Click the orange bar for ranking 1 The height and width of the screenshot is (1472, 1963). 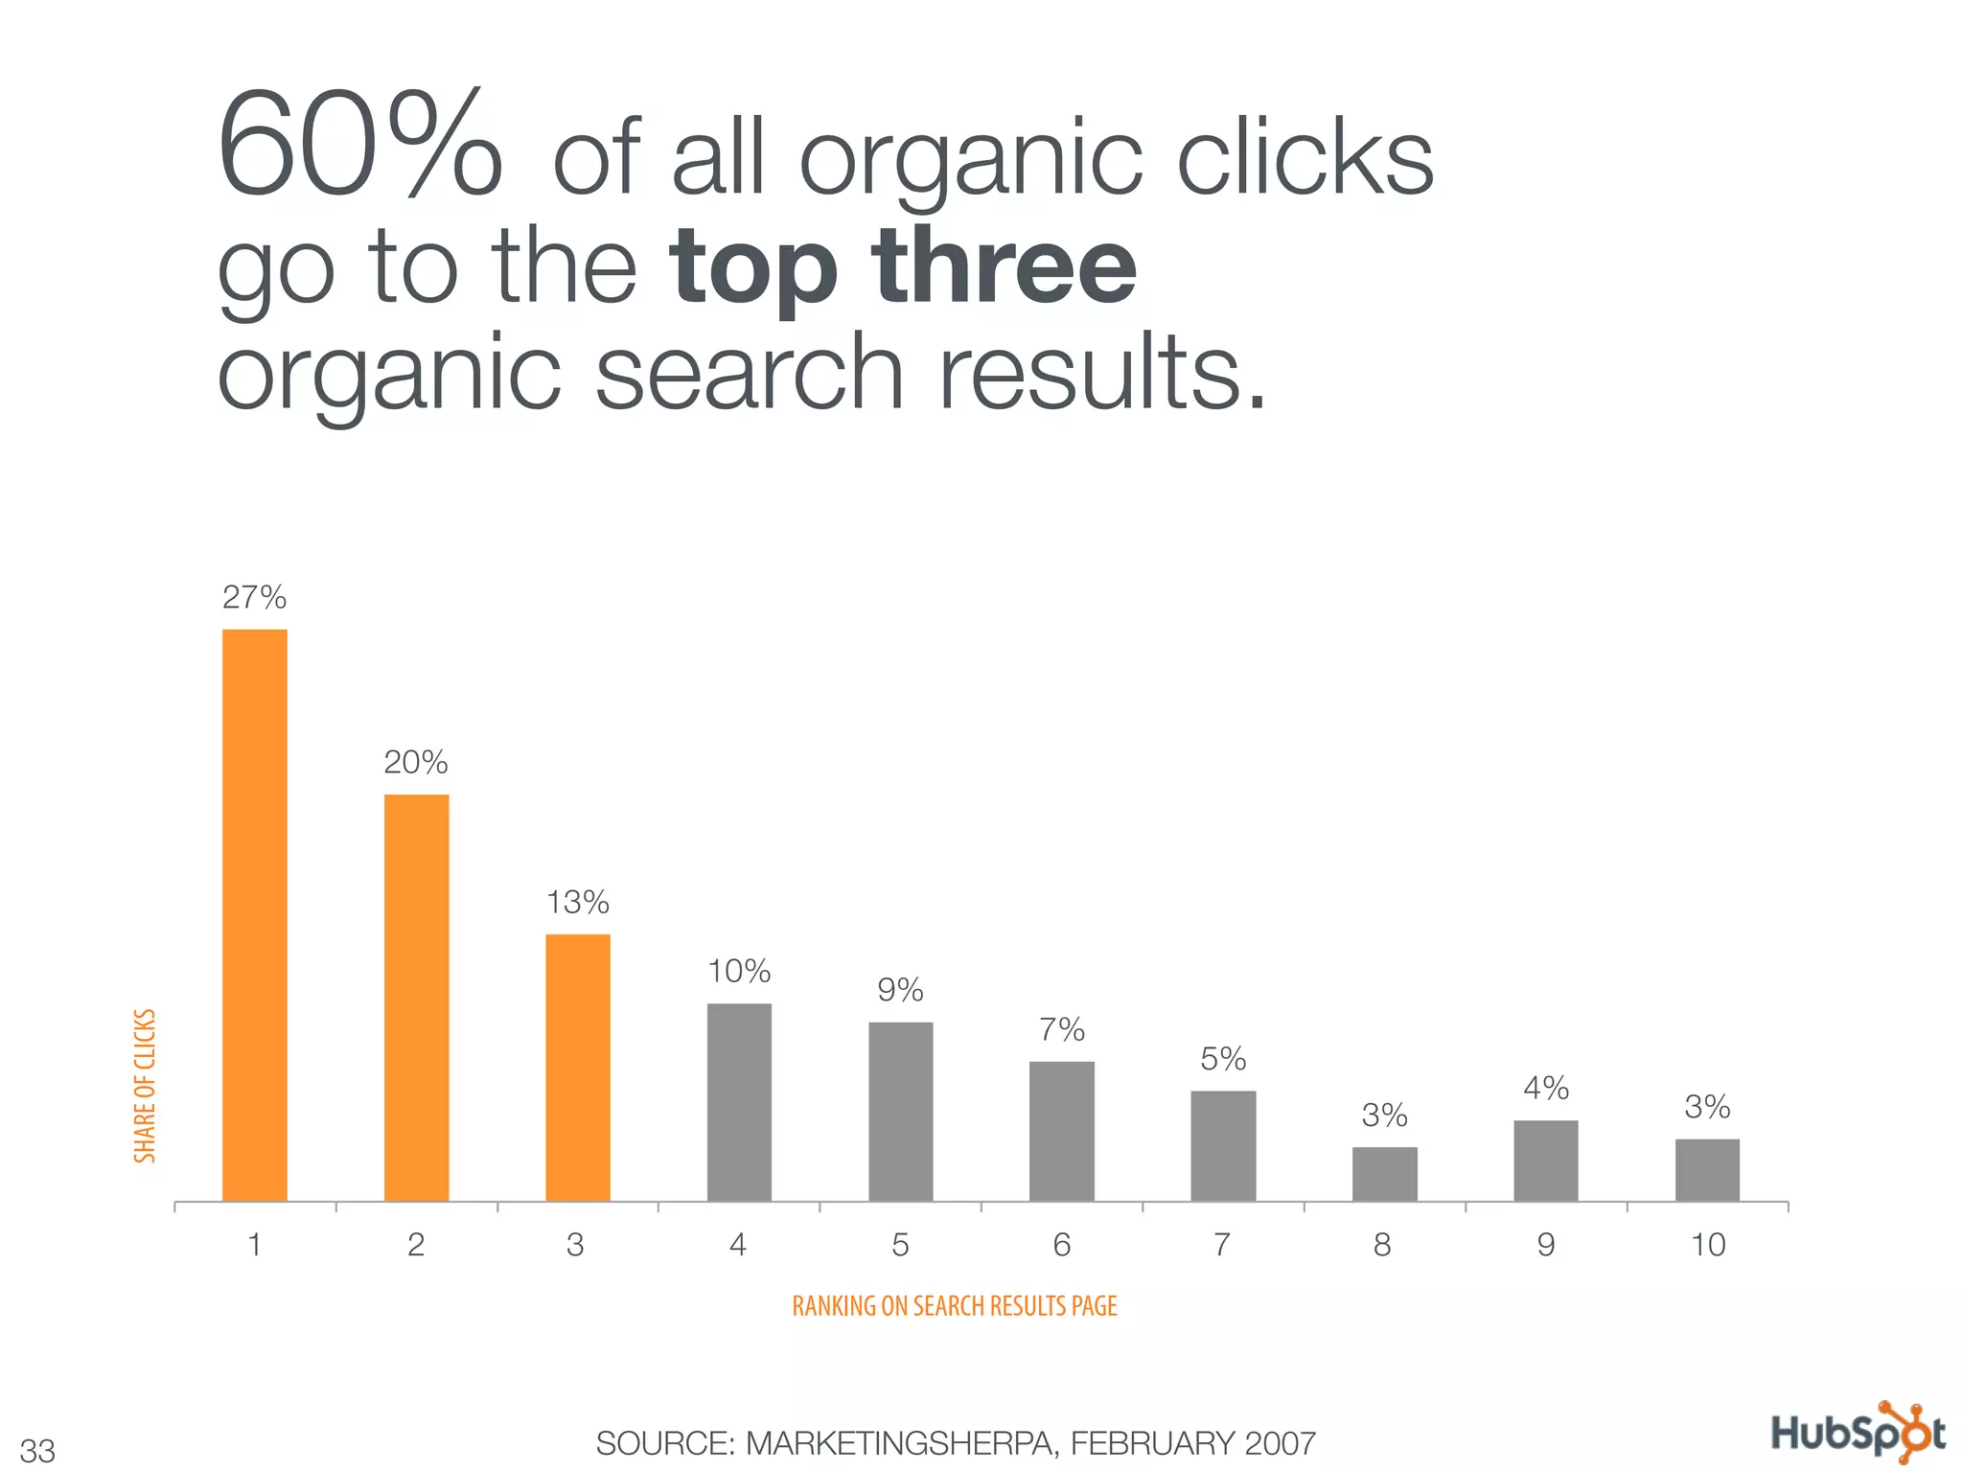point(254,915)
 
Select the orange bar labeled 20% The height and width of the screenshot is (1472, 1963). point(416,998)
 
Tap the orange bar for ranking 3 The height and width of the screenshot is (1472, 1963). point(577,1068)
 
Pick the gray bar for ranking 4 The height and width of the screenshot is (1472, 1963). point(739,1102)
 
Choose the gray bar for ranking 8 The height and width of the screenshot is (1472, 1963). point(1384,1174)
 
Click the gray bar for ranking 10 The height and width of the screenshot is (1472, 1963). point(1707,1170)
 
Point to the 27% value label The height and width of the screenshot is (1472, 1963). point(254,598)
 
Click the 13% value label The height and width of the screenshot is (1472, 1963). point(577,903)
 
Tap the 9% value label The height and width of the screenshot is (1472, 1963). point(900,990)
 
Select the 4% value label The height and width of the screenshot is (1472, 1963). point(1545,1089)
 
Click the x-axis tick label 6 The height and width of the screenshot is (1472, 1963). point(1061,1245)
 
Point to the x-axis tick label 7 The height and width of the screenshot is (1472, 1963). point(1222,1245)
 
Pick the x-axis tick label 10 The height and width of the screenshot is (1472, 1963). point(1707,1245)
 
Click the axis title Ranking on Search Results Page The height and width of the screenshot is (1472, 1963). point(955,1306)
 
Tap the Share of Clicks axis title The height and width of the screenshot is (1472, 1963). point(145,1086)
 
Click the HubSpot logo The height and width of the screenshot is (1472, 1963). point(1857,1434)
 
